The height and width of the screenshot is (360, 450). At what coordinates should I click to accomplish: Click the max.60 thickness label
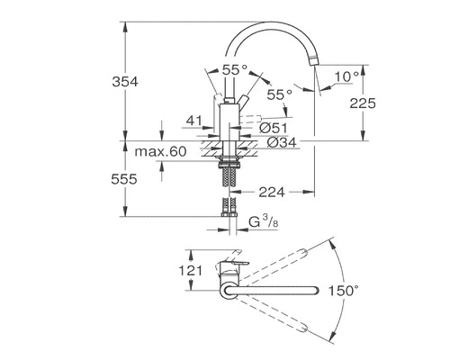161,151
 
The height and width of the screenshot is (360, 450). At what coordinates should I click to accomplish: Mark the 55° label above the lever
236,67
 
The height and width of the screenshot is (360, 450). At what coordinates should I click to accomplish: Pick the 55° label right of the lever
281,94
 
